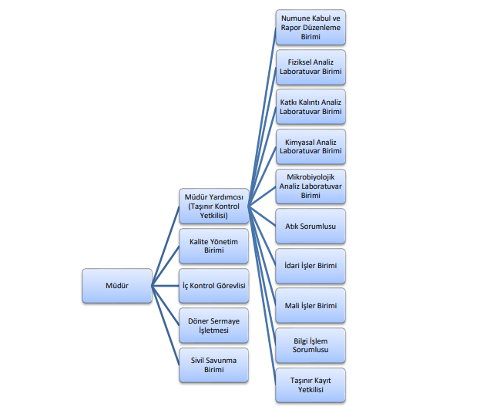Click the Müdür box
click(x=116, y=285)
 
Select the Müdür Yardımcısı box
click(x=213, y=206)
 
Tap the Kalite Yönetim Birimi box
click(x=213, y=246)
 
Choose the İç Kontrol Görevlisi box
click(x=213, y=285)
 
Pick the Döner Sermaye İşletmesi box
click(x=213, y=325)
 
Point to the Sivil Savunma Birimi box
click(x=213, y=364)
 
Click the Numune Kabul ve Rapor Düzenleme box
click(x=310, y=27)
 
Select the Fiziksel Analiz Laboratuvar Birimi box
click(x=310, y=67)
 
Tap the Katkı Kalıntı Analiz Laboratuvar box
click(x=310, y=106)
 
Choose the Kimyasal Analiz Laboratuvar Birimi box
click(x=310, y=146)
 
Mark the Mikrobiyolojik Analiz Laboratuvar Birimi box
click(x=310, y=186)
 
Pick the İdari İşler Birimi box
click(x=310, y=266)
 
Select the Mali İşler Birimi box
click(x=310, y=306)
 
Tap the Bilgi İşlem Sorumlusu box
click(x=310, y=345)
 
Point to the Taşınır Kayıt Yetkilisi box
click(x=310, y=385)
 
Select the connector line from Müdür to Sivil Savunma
click(x=165, y=324)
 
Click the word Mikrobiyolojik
click(x=310, y=176)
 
